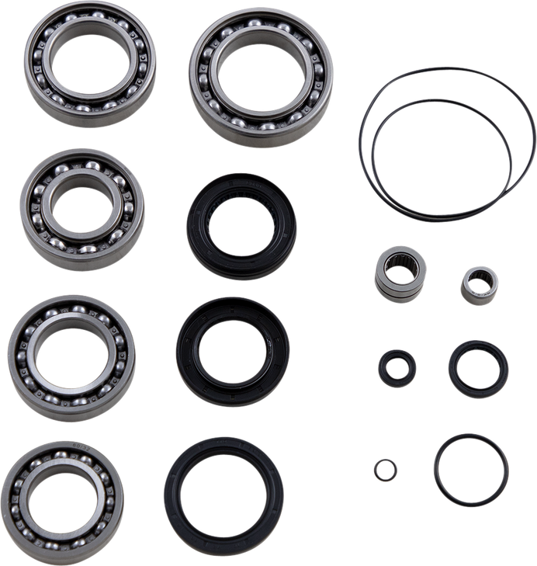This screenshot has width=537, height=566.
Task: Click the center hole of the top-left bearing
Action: (x=90, y=63)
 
